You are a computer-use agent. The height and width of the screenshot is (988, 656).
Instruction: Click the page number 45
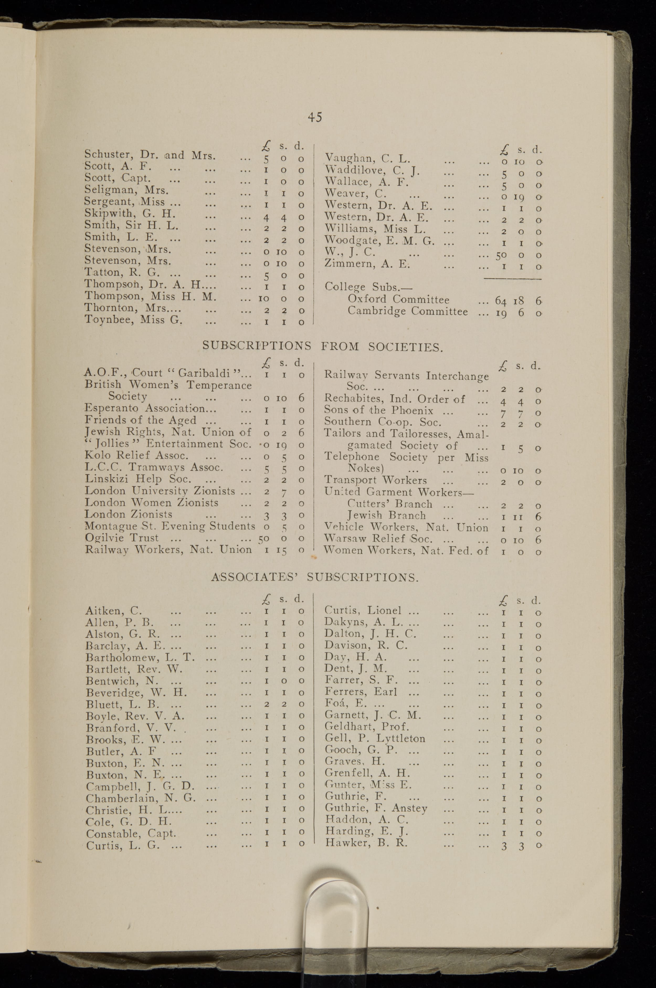[315, 117]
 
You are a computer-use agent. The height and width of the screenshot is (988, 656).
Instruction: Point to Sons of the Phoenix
[379, 411]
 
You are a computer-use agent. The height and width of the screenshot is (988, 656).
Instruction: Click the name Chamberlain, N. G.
[141, 798]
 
